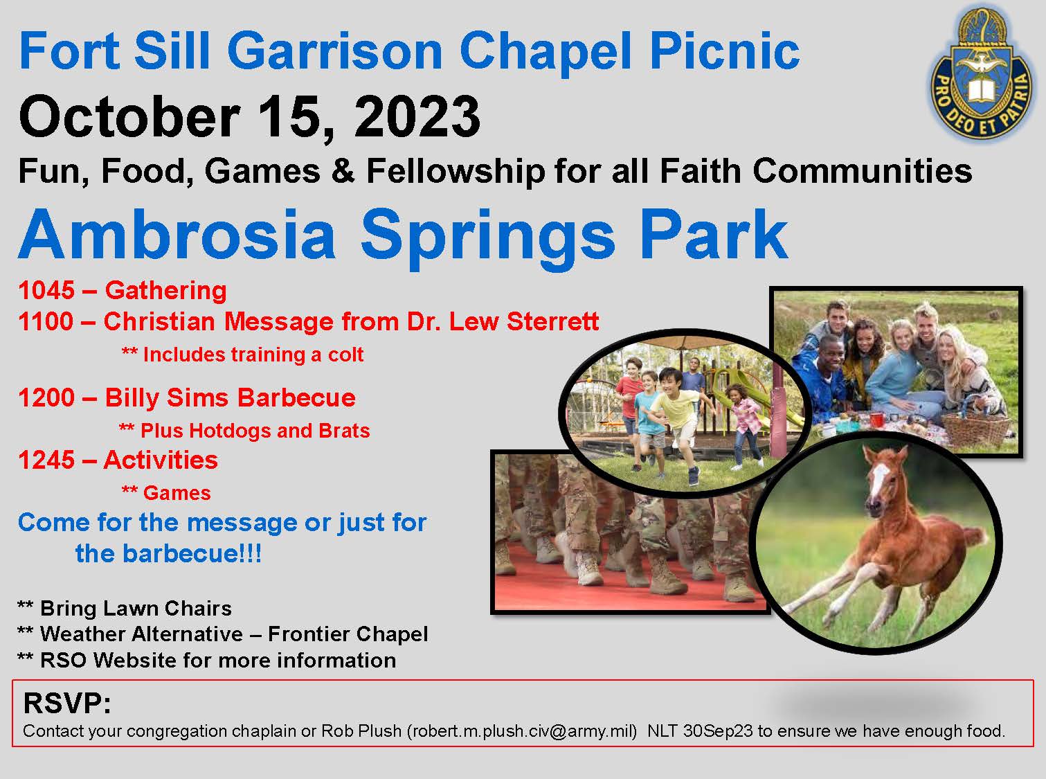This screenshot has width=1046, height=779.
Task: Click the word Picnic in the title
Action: (724, 52)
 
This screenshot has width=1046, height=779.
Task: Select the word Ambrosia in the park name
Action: (177, 235)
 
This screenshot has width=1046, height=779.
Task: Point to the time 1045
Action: (46, 290)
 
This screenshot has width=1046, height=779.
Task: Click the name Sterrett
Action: (552, 322)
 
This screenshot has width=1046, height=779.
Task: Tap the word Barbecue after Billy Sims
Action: (296, 397)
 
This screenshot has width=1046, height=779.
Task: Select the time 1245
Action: (46, 460)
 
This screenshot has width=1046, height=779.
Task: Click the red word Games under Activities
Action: (177, 493)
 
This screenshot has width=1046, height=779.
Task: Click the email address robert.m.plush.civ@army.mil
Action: (523, 731)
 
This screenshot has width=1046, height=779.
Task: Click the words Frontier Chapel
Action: (348, 634)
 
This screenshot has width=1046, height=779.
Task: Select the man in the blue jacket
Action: (820, 377)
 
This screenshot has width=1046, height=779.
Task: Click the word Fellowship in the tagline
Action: (456, 171)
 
